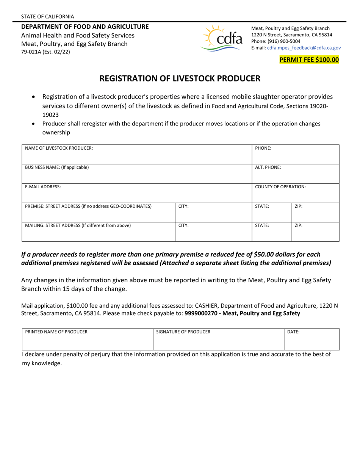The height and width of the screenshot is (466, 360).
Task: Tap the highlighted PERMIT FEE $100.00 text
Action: coord(308,59)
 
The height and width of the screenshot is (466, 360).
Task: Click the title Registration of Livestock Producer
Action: coord(180,78)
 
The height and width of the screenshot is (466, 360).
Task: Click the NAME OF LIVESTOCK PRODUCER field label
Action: coord(59,148)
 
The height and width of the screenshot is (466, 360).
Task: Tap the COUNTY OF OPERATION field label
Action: coord(280,187)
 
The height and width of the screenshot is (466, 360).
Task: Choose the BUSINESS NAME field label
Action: coord(57,167)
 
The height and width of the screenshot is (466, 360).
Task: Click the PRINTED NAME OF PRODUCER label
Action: coord(56,332)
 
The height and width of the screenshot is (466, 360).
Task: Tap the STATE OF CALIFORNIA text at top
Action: coord(48,16)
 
